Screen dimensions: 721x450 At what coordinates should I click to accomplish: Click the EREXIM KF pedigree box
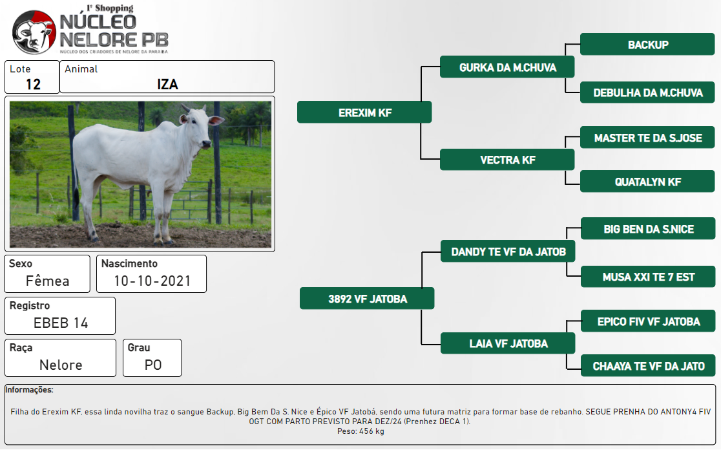pyautogui.click(x=364, y=112)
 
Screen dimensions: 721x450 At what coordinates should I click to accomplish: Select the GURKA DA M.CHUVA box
pyautogui.click(x=507, y=67)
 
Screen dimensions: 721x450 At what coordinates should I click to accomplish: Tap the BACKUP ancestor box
pyautogui.click(x=647, y=44)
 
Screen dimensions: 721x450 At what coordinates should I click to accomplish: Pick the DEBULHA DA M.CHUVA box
pyautogui.click(x=647, y=92)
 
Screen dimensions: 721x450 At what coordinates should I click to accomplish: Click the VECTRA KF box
pyautogui.click(x=507, y=160)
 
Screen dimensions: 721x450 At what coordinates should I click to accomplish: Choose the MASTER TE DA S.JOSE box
pyautogui.click(x=647, y=137)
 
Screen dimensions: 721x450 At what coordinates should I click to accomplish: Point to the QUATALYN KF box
pyautogui.click(x=647, y=181)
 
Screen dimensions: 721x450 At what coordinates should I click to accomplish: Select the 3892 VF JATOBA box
pyautogui.click(x=367, y=299)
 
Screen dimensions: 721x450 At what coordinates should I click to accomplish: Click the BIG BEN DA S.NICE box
pyautogui.click(x=648, y=229)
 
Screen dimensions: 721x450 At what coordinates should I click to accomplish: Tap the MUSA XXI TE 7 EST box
pyautogui.click(x=648, y=277)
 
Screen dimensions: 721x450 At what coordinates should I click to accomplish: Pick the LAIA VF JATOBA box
pyautogui.click(x=508, y=343)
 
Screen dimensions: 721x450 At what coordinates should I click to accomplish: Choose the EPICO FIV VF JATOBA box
pyautogui.click(x=648, y=321)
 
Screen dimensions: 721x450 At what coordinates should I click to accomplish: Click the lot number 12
pyautogui.click(x=33, y=84)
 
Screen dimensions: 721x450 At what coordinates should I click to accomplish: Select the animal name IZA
pyautogui.click(x=167, y=84)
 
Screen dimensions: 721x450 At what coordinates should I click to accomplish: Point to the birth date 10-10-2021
pyautogui.click(x=152, y=281)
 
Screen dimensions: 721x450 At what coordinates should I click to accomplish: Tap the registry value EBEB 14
pyautogui.click(x=61, y=323)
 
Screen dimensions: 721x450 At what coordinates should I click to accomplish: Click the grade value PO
pyautogui.click(x=153, y=365)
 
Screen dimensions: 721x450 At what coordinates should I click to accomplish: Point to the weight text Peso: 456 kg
pyautogui.click(x=360, y=431)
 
